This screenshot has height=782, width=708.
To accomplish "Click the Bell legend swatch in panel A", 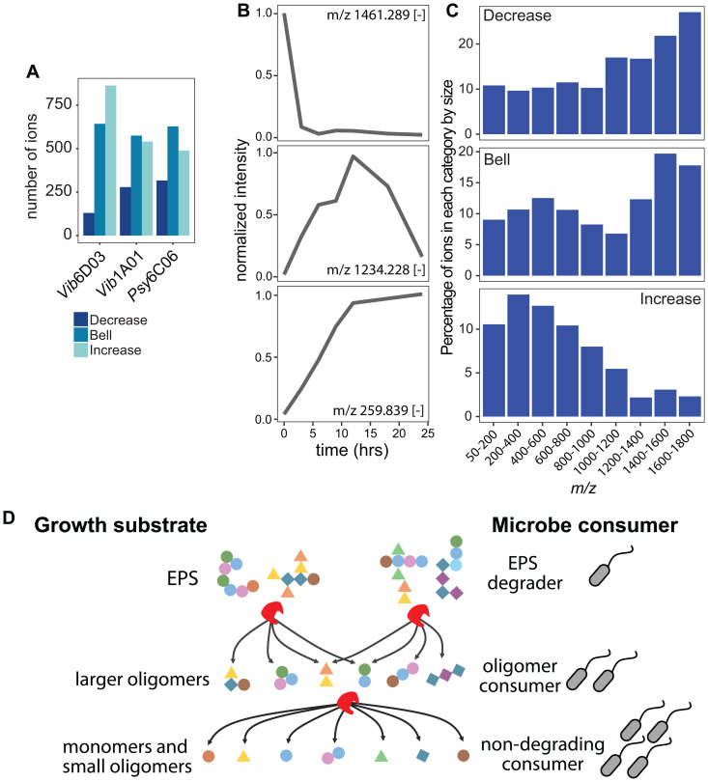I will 82,333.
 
